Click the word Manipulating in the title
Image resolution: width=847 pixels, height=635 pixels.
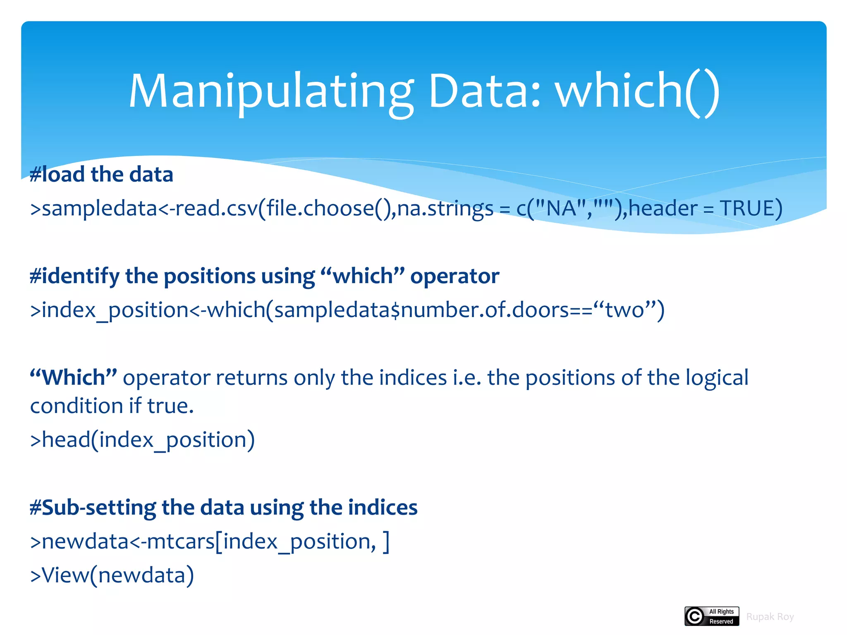[x=271, y=92]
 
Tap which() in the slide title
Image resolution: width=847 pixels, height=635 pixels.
[x=637, y=92]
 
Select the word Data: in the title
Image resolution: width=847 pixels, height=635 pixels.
[x=484, y=92]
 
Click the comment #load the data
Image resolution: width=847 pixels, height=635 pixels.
[x=101, y=174]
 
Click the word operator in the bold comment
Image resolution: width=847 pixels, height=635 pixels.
[x=455, y=276]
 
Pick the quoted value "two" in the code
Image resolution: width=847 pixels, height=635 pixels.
[x=624, y=310]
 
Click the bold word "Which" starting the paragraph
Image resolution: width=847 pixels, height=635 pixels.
[x=74, y=377]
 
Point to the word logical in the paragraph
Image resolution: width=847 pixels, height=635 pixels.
[x=717, y=377]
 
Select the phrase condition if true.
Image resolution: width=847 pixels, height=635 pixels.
[x=112, y=406]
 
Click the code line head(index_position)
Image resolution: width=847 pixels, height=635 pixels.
[x=143, y=440]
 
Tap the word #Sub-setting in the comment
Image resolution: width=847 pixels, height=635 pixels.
[x=93, y=508]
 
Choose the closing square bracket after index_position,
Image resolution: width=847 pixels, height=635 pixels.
[x=386, y=542]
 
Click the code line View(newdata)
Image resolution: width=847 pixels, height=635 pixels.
[x=112, y=575]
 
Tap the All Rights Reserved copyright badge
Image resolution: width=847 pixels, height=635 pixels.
[x=711, y=616]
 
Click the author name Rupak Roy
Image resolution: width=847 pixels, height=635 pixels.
[x=770, y=617]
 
